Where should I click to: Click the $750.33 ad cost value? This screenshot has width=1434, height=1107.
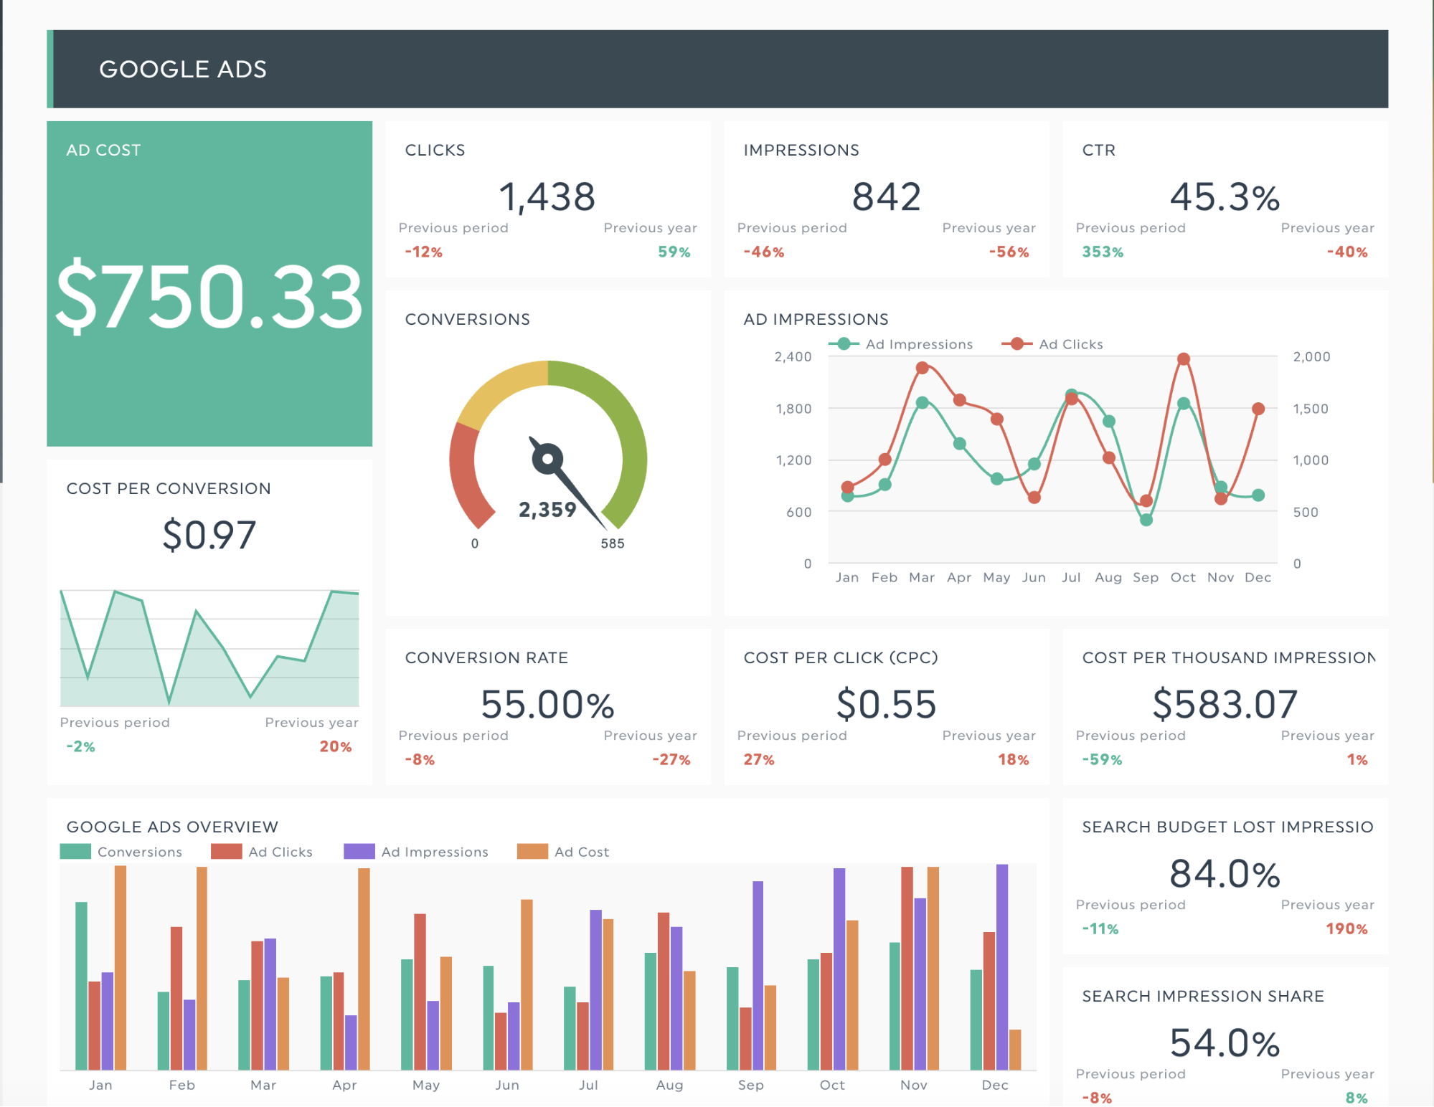tap(209, 297)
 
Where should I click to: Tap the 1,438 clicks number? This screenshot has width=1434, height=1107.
tap(547, 197)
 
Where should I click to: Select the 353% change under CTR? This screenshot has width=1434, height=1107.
tap(1103, 252)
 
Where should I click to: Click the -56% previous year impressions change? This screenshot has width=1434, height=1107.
tap(1009, 252)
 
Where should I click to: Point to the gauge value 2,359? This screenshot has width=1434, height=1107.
tap(547, 510)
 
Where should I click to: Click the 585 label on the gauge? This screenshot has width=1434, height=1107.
tap(612, 543)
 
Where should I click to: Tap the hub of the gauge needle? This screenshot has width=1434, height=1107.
tap(547, 459)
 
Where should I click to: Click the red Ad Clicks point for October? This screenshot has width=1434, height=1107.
tap(1184, 359)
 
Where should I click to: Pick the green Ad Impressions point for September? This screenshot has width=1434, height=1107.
tap(1146, 520)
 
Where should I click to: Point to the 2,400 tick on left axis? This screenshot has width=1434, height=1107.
tap(793, 357)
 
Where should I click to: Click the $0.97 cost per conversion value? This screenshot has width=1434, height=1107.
tap(209, 536)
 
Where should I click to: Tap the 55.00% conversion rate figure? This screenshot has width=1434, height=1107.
tap(547, 704)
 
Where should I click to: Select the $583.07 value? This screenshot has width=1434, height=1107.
tap(1225, 704)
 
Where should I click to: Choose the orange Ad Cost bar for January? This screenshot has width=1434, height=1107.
tap(121, 967)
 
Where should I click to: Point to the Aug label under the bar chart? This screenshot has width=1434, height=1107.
tap(669, 1085)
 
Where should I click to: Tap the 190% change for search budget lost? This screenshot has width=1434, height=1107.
tap(1346, 929)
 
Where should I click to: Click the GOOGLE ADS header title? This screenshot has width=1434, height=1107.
tap(183, 70)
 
